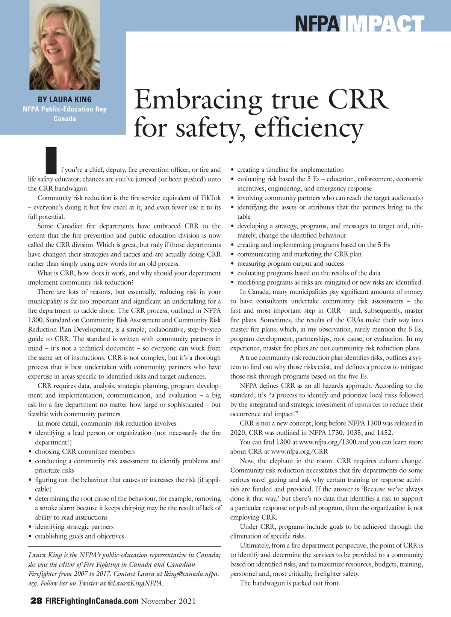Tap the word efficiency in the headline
(309, 128)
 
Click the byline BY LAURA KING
(65, 100)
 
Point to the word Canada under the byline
(65, 119)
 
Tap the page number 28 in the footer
(36, 601)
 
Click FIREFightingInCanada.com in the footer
(92, 601)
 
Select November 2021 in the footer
(168, 601)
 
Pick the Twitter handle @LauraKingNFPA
(135, 583)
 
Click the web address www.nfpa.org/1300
(327, 442)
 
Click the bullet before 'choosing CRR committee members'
(30, 452)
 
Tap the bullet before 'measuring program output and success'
(233, 264)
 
